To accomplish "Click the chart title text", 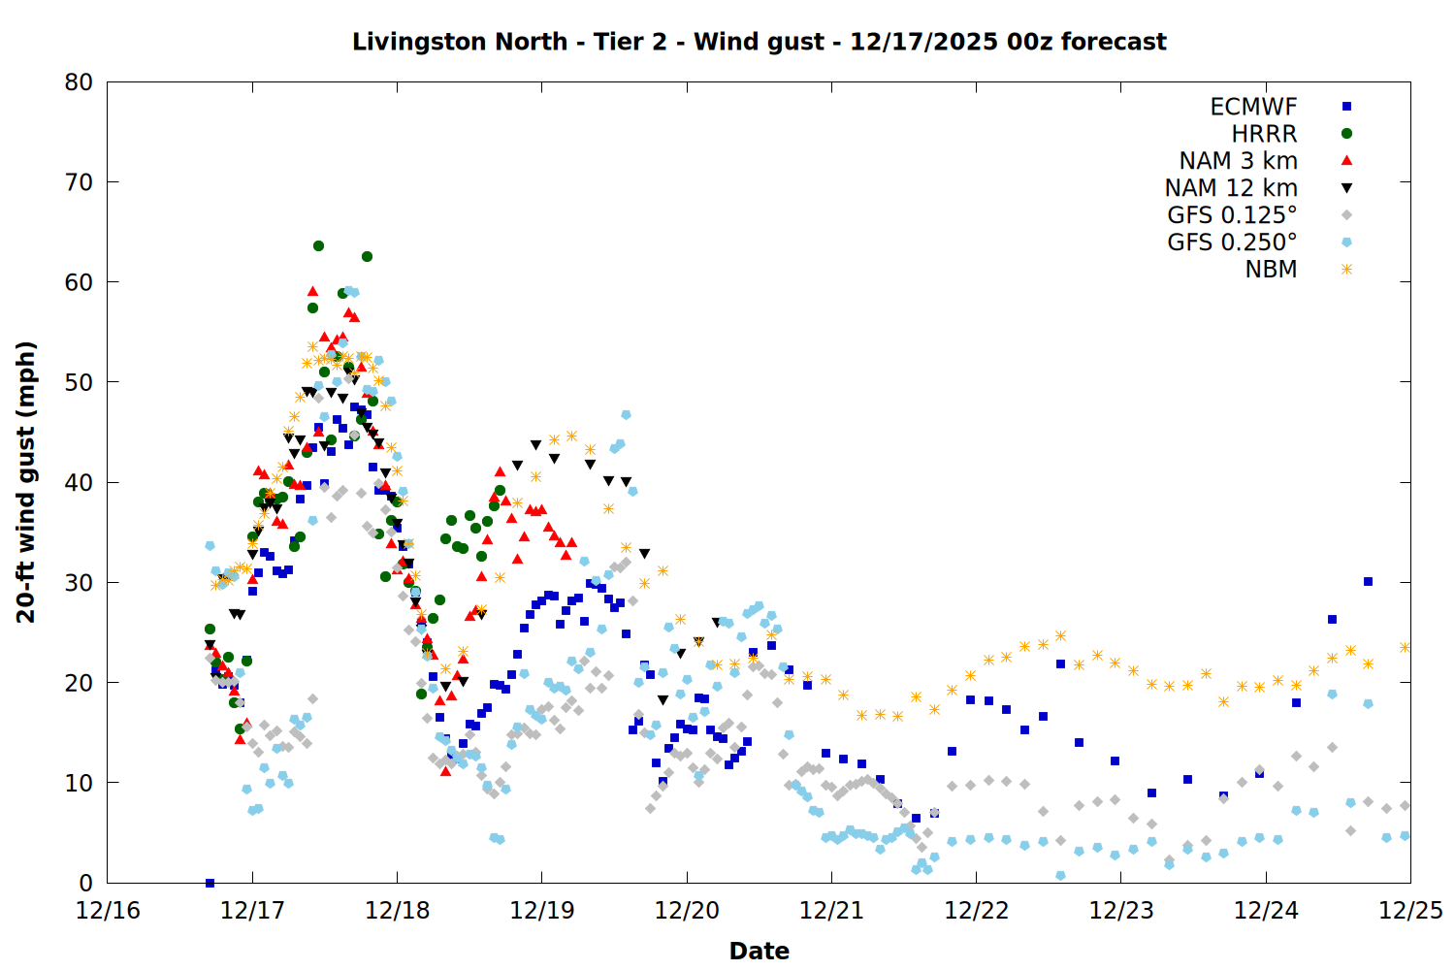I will point(759,42).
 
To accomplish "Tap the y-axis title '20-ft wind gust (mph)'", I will point(26,482).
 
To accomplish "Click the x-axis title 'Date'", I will point(759,951).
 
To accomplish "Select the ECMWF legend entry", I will point(1253,107).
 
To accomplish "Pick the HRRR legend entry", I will point(1264,134).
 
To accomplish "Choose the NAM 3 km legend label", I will point(1238,161).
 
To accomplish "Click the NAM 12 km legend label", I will point(1231,188).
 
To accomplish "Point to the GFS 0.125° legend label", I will point(1232,215).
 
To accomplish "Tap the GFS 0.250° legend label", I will point(1232,242).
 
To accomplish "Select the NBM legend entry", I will point(1271,270).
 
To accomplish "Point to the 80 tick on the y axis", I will point(79,82).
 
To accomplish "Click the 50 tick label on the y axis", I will point(79,382).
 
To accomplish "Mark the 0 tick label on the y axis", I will point(86,883).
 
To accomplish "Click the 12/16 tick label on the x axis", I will point(108,911).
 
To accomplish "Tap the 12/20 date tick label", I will point(687,911).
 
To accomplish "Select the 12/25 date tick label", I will point(1410,911).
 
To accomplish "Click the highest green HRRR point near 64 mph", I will point(318,246).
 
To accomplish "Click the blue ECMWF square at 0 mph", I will point(210,883).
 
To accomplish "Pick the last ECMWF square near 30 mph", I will point(1368,582).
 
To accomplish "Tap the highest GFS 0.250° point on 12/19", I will point(626,415).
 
